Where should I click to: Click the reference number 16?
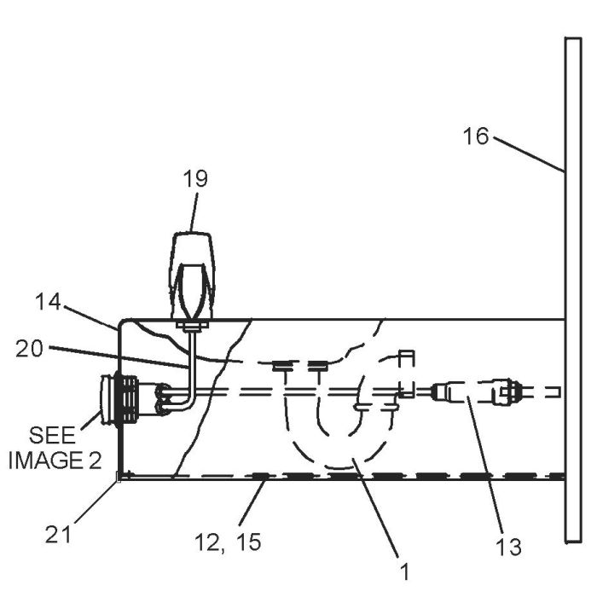click(x=476, y=136)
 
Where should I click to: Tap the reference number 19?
click(x=195, y=178)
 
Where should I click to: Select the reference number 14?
click(x=48, y=302)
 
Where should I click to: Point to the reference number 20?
click(x=29, y=349)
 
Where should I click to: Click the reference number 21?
click(x=58, y=534)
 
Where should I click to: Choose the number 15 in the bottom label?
click(x=249, y=542)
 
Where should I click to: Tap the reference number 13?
click(x=508, y=548)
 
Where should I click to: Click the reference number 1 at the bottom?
click(x=405, y=572)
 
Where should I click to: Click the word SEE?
click(x=53, y=435)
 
